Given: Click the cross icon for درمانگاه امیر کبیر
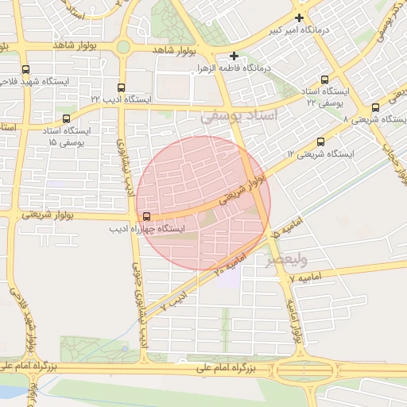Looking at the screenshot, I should (299, 17).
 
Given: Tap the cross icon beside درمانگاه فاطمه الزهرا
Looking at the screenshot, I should (234, 56).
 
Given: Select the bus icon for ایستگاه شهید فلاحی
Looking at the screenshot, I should (26, 69).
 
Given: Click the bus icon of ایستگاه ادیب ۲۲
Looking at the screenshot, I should (121, 87).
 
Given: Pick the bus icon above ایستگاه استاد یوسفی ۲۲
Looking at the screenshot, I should (324, 79).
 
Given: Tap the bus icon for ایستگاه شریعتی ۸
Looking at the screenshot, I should (375, 107).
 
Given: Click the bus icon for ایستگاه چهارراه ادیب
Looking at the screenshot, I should (146, 216).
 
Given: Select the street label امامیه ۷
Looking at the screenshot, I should (304, 278).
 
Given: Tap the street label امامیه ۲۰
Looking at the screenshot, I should (230, 262).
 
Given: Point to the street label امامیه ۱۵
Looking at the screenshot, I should (274, 233).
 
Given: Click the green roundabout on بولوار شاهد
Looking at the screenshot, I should (123, 48).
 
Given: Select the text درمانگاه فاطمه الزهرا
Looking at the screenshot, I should (235, 68).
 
